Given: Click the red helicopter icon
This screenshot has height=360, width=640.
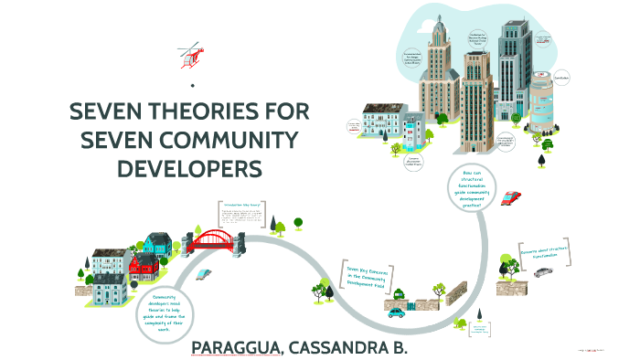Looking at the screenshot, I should pyautogui.click(x=190, y=54).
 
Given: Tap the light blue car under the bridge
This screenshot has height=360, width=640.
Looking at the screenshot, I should pyautogui.click(x=204, y=273).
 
